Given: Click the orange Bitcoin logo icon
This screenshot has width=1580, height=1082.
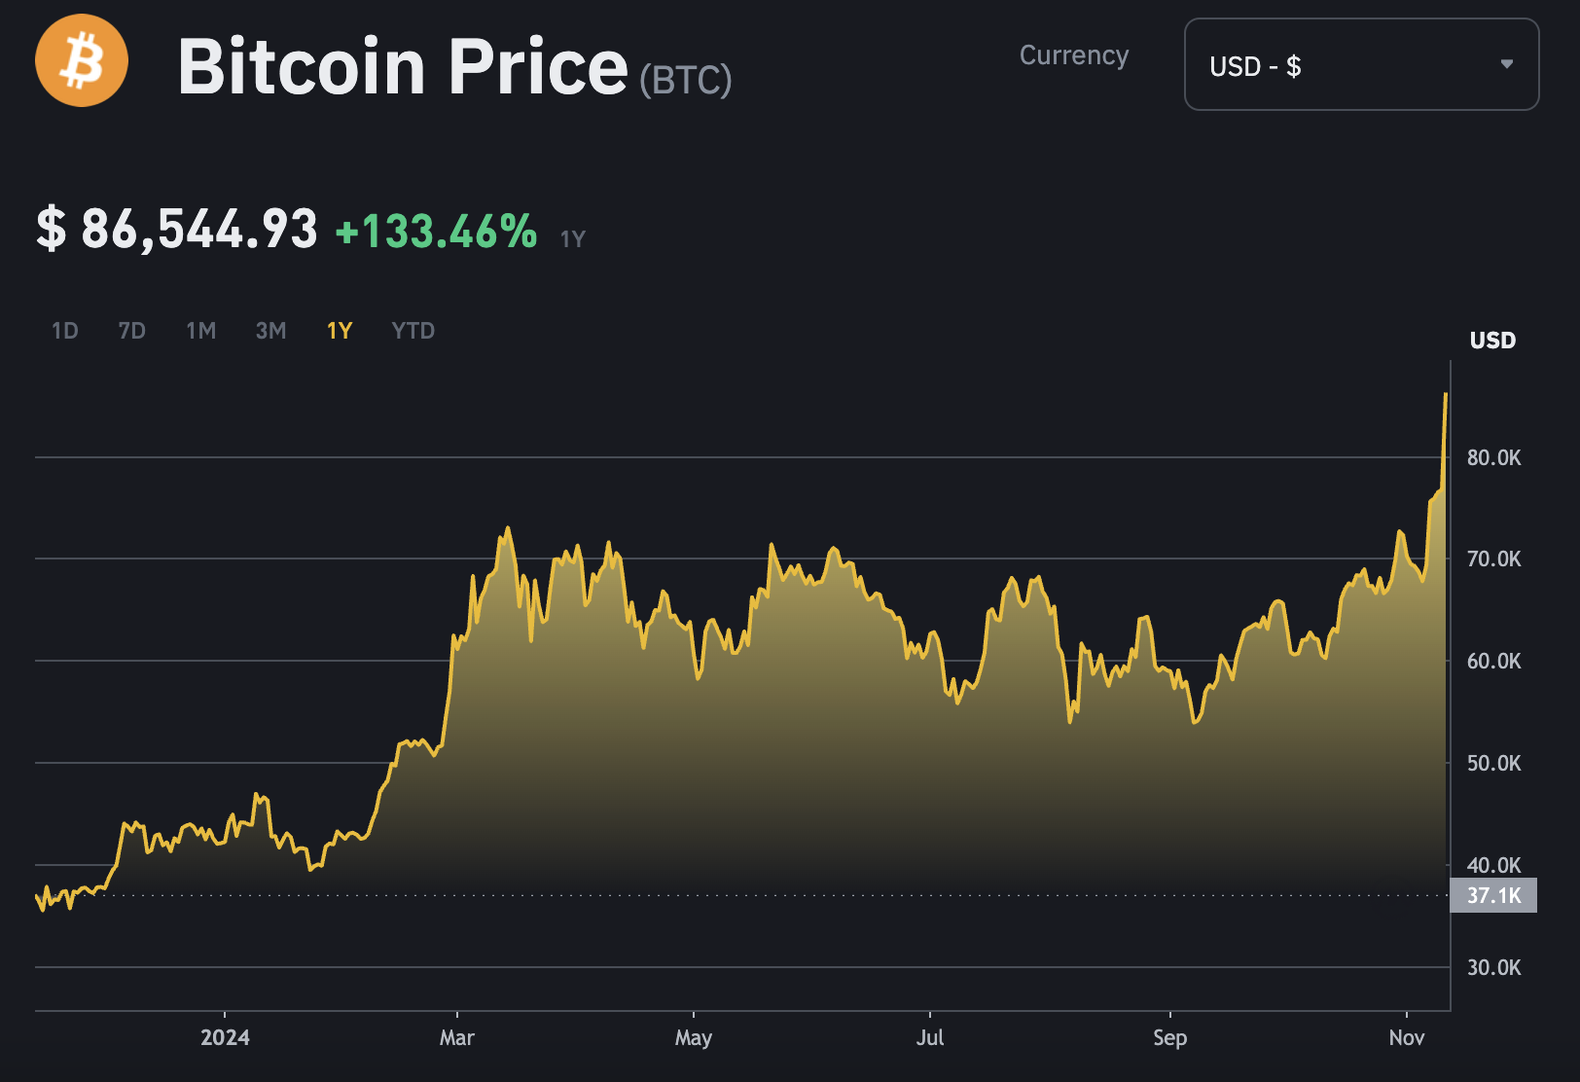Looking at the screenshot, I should point(82,60).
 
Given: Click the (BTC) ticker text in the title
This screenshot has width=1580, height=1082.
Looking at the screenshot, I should point(686,80).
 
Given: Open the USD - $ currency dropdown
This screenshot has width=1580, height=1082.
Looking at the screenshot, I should point(1360,64).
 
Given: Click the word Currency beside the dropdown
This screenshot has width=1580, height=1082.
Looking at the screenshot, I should point(1074,55).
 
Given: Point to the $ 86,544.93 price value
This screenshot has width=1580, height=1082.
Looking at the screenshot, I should point(177,230).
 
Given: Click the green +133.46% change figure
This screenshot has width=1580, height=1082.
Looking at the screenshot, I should point(436,232).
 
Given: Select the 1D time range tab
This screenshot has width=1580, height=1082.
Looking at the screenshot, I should point(64,331).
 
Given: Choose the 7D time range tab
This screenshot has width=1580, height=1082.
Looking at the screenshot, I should point(131,331).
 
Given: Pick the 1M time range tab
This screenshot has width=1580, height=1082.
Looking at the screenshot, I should point(200,331).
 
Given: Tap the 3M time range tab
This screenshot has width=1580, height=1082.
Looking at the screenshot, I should point(270,331).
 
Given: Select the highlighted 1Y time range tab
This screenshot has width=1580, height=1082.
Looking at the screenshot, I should point(340,331).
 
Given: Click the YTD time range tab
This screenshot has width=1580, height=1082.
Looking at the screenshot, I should point(413,331).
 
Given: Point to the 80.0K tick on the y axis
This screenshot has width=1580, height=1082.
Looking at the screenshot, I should point(1493,457).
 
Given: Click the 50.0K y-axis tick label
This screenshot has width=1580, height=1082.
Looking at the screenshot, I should point(1493,763).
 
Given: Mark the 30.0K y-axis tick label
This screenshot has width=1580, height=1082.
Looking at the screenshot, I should point(1493,967).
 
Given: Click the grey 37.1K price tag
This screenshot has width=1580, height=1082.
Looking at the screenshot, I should point(1493,895).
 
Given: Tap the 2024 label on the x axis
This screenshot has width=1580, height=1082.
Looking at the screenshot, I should point(225,1037).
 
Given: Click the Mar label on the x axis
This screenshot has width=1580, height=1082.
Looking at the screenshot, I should point(457,1037).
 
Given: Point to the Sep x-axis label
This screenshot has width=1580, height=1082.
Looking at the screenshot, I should point(1169,1037).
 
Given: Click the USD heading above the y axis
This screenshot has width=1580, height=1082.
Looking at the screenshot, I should point(1492,341).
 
